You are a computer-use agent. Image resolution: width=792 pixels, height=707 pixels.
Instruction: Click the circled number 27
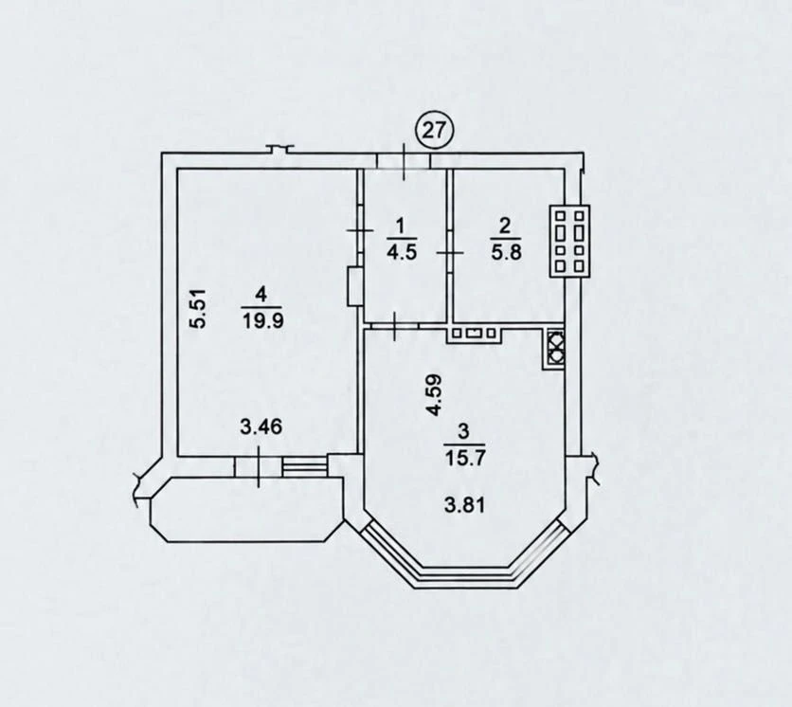coord(435,131)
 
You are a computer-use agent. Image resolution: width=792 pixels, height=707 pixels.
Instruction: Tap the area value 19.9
coord(262,320)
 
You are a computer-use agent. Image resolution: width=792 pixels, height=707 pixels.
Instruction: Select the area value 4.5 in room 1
coord(402,252)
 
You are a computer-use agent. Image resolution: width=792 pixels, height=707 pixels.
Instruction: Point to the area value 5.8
coord(505,252)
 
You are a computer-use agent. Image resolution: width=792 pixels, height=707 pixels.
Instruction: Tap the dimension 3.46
coord(261,427)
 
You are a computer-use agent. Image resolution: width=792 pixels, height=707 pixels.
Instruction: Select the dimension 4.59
coord(435,394)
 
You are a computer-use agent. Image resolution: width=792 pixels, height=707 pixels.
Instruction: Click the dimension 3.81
coord(465,504)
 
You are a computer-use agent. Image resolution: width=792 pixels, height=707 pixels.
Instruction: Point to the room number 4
coord(261,294)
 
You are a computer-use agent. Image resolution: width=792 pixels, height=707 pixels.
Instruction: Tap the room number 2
coord(505,226)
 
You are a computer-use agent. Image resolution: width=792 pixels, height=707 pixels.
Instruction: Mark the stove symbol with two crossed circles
coord(554,348)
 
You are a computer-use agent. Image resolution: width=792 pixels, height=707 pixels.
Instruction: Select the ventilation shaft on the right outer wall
coord(569,241)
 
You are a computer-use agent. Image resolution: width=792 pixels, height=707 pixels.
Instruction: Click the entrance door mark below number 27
coord(404,161)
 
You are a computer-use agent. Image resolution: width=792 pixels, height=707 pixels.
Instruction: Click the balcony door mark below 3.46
coord(258,466)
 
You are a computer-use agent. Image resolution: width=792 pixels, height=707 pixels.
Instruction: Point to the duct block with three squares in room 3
coord(474,334)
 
